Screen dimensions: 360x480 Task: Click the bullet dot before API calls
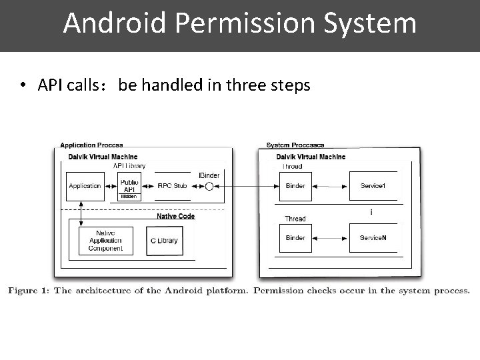click(x=23, y=86)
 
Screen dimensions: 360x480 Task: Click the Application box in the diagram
click(x=85, y=186)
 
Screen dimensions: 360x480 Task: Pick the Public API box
click(x=129, y=185)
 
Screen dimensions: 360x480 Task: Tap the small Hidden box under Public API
click(x=129, y=197)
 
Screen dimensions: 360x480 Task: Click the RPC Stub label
click(x=172, y=186)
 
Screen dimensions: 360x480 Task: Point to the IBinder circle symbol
click(x=209, y=186)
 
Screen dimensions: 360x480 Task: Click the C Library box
click(x=163, y=241)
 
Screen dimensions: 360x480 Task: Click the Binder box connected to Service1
click(x=295, y=186)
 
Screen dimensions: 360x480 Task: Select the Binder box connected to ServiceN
click(x=295, y=238)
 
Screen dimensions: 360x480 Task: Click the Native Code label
click(x=175, y=216)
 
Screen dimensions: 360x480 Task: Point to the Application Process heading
click(x=91, y=145)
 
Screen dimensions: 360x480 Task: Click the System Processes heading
click(x=295, y=145)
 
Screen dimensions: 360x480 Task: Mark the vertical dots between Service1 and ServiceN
click(x=371, y=212)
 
